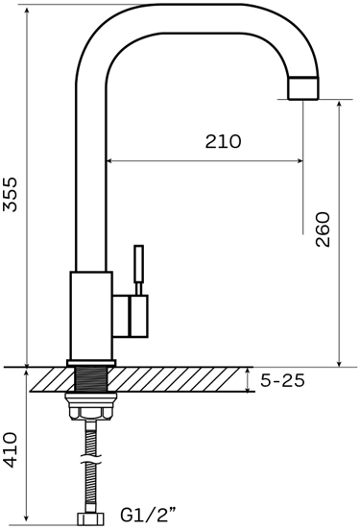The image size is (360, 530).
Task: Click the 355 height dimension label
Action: point(10,194)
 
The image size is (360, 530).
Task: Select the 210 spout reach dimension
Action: point(223,141)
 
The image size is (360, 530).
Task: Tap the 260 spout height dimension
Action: point(323,229)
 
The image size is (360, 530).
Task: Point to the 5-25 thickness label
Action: point(282,380)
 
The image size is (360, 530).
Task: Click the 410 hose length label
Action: point(10,450)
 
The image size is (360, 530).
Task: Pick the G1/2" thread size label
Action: point(148,515)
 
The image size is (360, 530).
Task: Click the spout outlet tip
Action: point(303,88)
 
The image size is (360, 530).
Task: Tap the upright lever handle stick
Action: point(138,264)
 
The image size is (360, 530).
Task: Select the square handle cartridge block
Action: point(138,316)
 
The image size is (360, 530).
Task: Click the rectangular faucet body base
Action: point(91,315)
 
